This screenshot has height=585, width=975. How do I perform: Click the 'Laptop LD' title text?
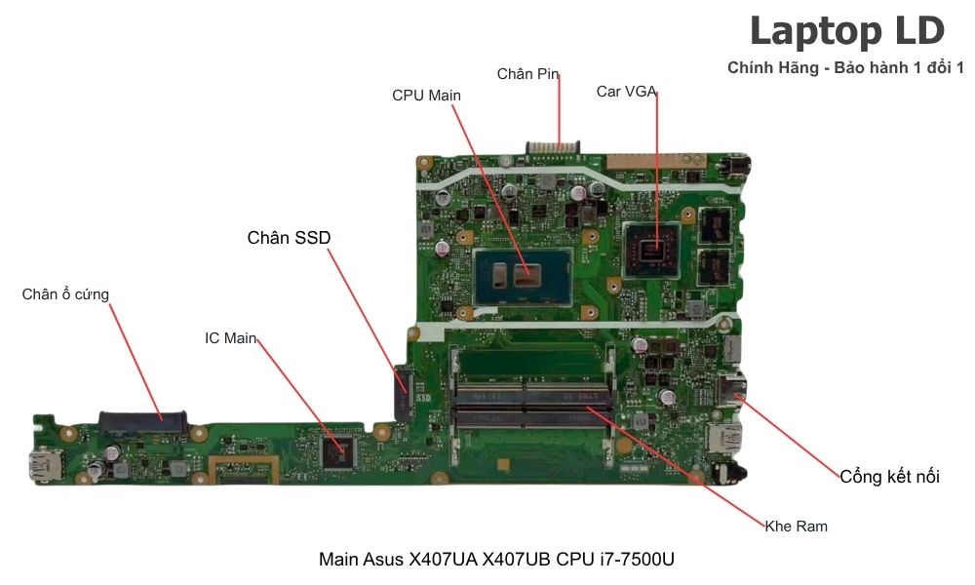846,31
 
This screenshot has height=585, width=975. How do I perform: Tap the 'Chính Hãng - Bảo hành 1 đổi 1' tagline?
845,67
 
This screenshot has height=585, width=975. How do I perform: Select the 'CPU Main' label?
426,96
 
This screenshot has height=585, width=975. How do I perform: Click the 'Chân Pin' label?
527,74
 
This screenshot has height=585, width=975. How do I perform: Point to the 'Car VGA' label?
626,92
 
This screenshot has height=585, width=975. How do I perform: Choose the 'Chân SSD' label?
289,237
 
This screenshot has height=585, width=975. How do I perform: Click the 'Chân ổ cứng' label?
65,294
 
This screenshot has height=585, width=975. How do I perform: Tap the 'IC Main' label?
230,338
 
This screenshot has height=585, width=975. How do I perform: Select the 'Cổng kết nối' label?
889,477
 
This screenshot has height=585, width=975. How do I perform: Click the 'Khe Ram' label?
796,526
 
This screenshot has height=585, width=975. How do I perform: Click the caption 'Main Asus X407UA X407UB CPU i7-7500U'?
496,560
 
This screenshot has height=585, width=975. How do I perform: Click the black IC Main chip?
339,449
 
